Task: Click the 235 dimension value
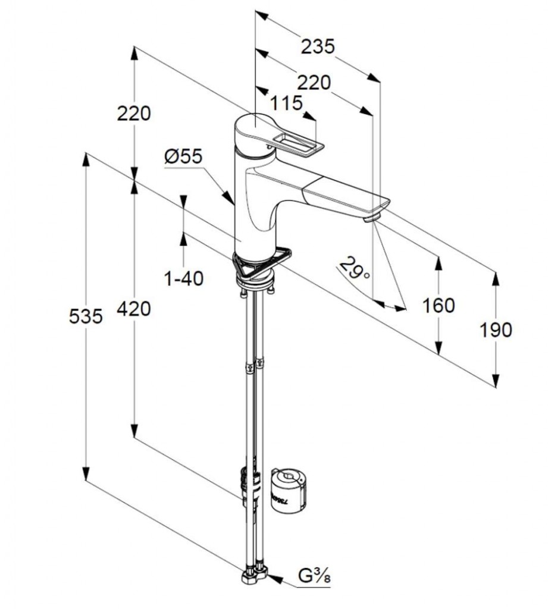[x=317, y=46]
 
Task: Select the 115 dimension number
[x=286, y=103]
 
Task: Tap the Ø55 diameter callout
[x=183, y=156]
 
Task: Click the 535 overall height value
[x=86, y=316]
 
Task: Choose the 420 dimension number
[x=134, y=308]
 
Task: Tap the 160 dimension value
[x=438, y=306]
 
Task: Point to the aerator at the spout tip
[x=371, y=218]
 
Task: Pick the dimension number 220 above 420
[x=134, y=112]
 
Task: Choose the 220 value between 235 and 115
[x=313, y=82]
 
